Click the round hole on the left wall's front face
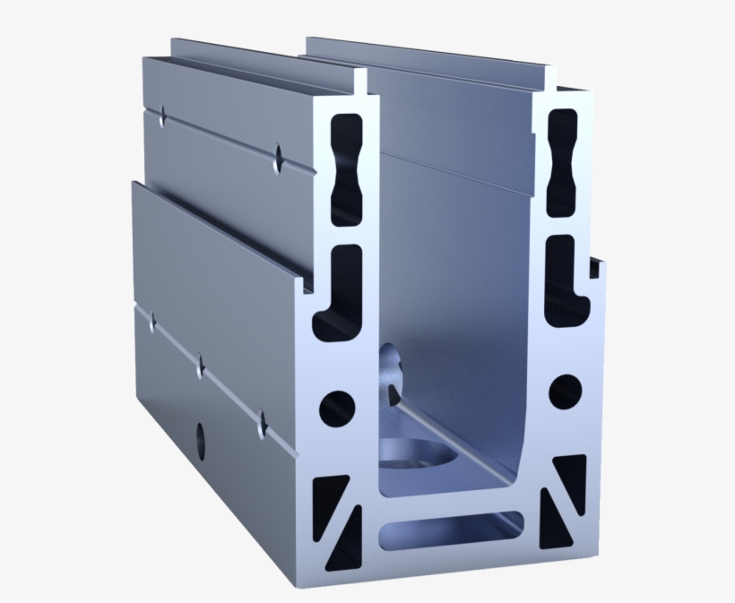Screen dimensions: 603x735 click(337, 408)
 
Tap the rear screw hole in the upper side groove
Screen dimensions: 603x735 click(163, 115)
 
